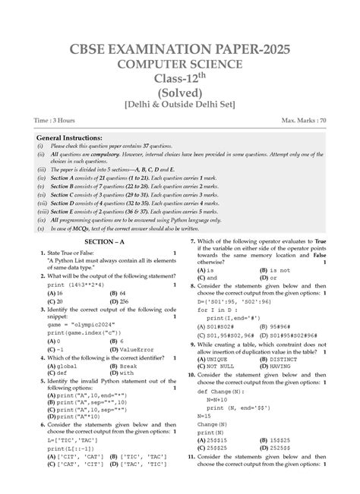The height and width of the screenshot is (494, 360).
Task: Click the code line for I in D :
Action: [220, 310]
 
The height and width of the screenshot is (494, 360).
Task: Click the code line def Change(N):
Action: [225, 402]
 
